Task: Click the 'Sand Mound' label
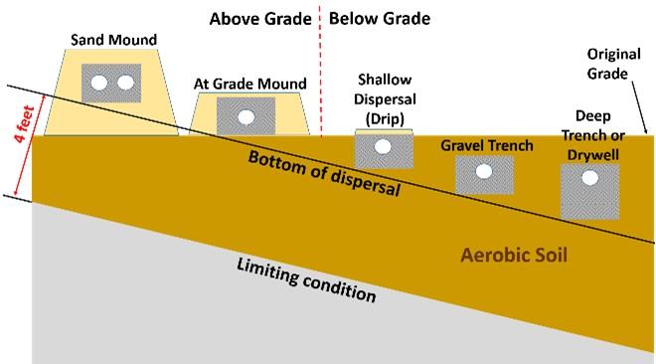(113, 41)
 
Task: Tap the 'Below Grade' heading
(379, 18)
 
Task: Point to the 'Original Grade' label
(613, 62)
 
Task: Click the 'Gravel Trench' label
(487, 146)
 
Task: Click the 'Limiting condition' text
(306, 281)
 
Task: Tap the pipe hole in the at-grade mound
(246, 116)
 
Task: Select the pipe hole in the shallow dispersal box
(381, 148)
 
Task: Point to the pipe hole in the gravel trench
(484, 172)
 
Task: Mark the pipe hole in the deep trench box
(589, 178)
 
